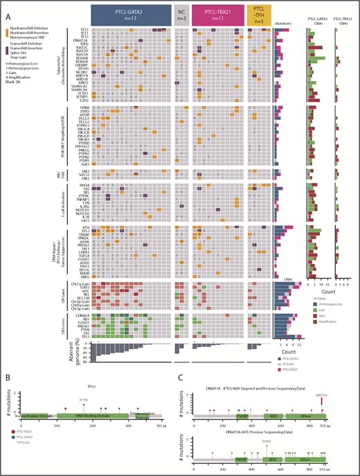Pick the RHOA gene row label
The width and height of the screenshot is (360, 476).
pyautogui.click(x=85, y=185)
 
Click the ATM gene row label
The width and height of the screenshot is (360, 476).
pyautogui.click(x=86, y=227)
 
